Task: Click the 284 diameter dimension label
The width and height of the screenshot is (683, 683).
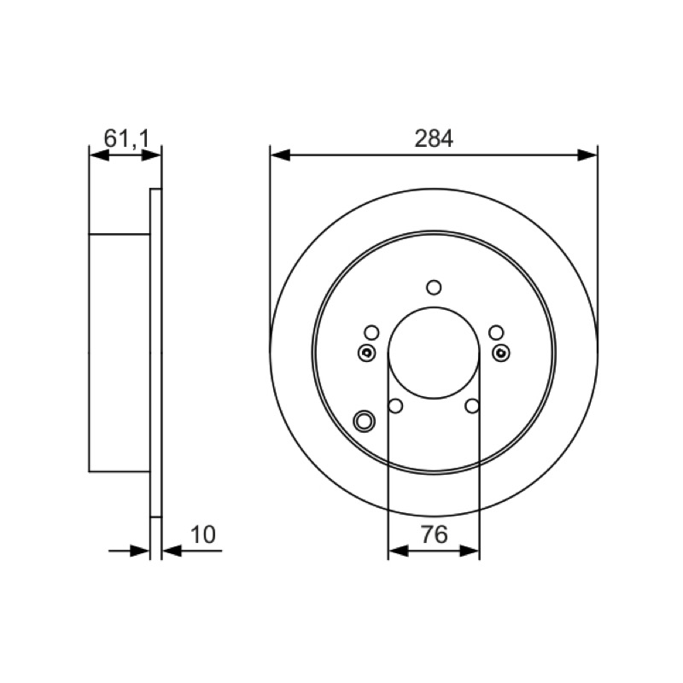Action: click(434, 138)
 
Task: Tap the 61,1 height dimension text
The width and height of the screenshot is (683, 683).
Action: click(126, 138)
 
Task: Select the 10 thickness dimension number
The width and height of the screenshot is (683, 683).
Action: click(203, 534)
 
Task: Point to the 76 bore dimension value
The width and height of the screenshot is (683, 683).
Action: click(435, 534)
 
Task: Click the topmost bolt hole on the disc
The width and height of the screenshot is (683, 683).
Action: click(434, 288)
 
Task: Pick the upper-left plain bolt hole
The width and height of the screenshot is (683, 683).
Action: click(371, 333)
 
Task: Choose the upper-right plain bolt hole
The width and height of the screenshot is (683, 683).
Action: click(496, 333)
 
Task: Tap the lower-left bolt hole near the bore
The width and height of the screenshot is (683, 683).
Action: click(395, 406)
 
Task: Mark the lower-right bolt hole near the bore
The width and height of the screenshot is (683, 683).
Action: click(472, 406)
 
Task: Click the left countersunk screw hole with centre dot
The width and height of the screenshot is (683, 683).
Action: click(367, 353)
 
